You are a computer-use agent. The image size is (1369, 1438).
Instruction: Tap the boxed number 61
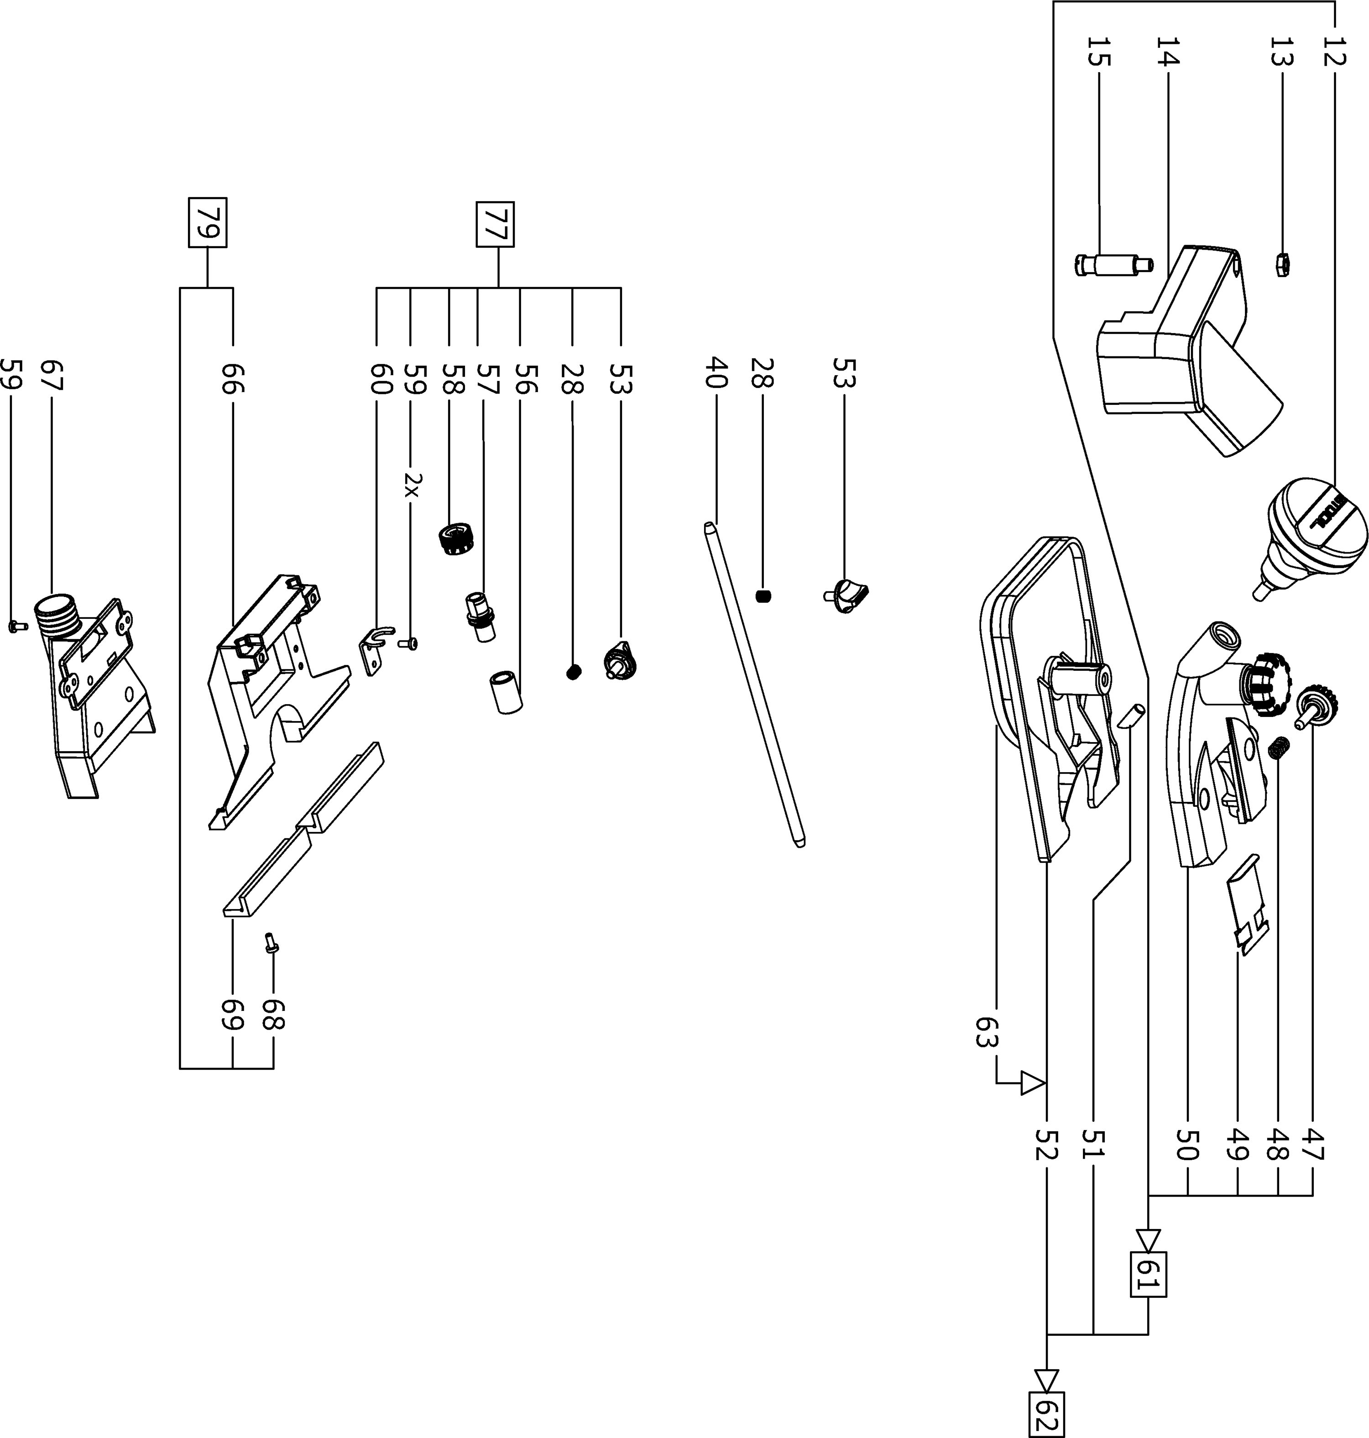tap(1148, 1274)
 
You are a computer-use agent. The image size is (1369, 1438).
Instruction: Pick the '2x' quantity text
tap(412, 484)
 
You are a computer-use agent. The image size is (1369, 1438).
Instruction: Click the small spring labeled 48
tap(1278, 748)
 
